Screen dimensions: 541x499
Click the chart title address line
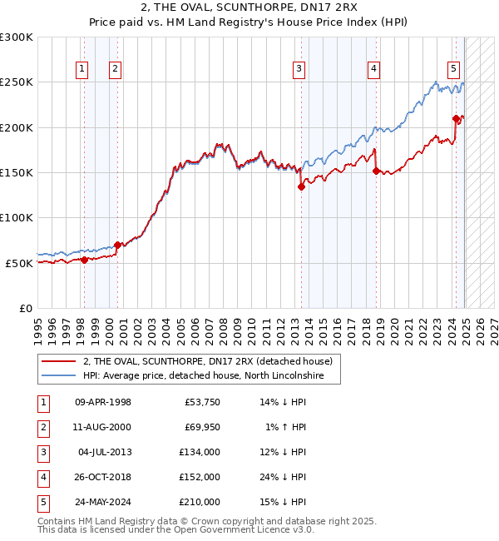[249, 8]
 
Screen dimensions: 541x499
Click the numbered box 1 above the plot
[83, 69]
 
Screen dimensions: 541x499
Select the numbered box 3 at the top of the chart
[299, 69]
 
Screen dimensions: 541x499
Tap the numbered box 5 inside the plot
[453, 69]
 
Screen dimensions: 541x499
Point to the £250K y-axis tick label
[17, 82]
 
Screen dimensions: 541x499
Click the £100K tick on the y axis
[17, 217]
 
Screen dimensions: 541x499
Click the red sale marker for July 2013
[301, 187]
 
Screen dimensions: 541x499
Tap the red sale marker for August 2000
[117, 245]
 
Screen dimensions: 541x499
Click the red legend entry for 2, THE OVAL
[208, 361]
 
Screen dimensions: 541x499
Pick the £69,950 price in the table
[200, 427]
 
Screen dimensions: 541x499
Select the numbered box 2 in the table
[42, 427]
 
